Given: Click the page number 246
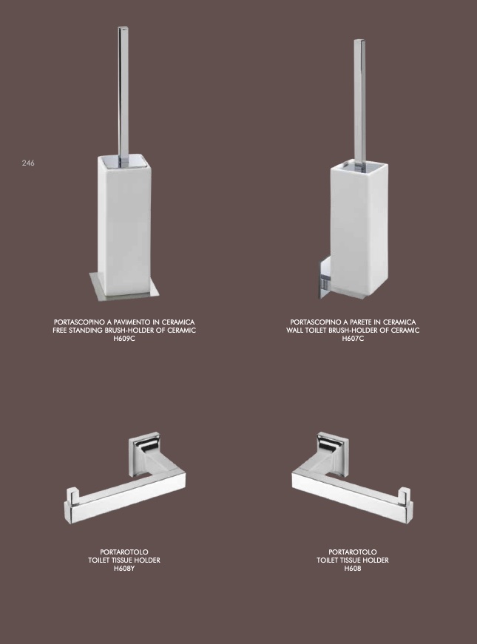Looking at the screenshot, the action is point(28,163).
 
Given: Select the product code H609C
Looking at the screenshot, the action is point(124,339).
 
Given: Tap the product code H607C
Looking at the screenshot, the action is point(353,339).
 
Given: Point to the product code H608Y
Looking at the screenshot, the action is point(124,569).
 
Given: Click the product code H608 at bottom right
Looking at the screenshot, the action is point(353,569).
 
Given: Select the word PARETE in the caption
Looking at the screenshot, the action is point(358,322).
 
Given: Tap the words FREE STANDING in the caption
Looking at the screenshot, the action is point(77,331).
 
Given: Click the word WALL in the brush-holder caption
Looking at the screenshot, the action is point(294,331).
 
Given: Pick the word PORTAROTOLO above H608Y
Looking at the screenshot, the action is point(124,552).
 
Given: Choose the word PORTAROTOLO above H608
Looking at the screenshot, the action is point(353,552).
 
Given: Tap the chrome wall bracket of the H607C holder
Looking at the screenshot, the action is point(324,277).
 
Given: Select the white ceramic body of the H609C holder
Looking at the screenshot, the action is point(124,226).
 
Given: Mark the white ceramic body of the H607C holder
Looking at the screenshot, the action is point(359,230).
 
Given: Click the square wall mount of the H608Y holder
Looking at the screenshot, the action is point(143,454).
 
